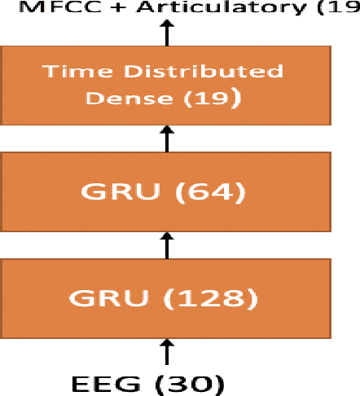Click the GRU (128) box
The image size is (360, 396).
[166, 298]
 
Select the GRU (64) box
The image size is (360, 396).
[166, 192]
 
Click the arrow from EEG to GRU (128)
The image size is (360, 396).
[168, 352]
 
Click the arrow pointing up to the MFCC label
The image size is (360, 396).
[168, 33]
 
